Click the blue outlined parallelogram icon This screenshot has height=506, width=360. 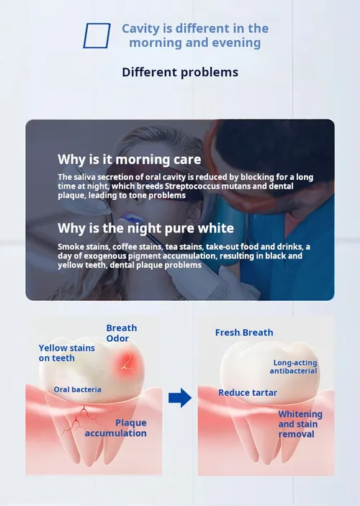click(84, 35)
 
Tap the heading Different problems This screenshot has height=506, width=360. click(180, 72)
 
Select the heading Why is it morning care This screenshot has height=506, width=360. click(130, 159)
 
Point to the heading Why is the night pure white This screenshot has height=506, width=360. click(146, 228)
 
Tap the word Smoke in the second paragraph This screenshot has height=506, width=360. click(68, 247)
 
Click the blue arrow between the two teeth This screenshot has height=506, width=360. click(180, 397)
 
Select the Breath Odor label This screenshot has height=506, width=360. click(122, 333)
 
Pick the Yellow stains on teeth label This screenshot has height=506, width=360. click(67, 353)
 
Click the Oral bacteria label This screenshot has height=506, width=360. click(78, 389)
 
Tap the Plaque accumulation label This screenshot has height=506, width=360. click(116, 428)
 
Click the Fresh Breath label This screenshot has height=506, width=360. click(244, 333)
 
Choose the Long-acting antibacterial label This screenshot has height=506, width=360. click(294, 367)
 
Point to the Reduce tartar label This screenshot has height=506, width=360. click(248, 393)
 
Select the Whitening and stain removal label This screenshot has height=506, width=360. click(300, 424)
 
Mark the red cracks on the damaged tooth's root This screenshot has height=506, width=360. click(79, 419)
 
